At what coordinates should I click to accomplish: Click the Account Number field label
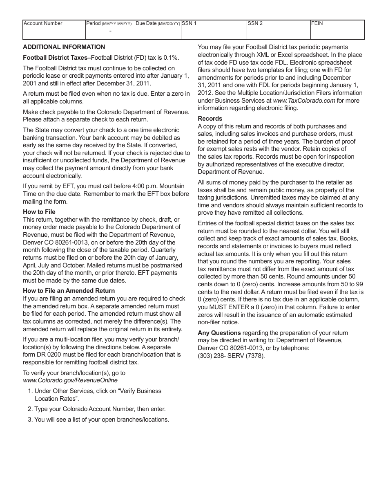coord(43,24)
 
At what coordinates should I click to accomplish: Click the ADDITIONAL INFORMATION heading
coord(64,47)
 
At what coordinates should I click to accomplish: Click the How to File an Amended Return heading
coord(69,291)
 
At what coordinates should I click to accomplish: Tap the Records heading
coord(210,119)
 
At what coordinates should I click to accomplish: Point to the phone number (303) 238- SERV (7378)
coord(231,355)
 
